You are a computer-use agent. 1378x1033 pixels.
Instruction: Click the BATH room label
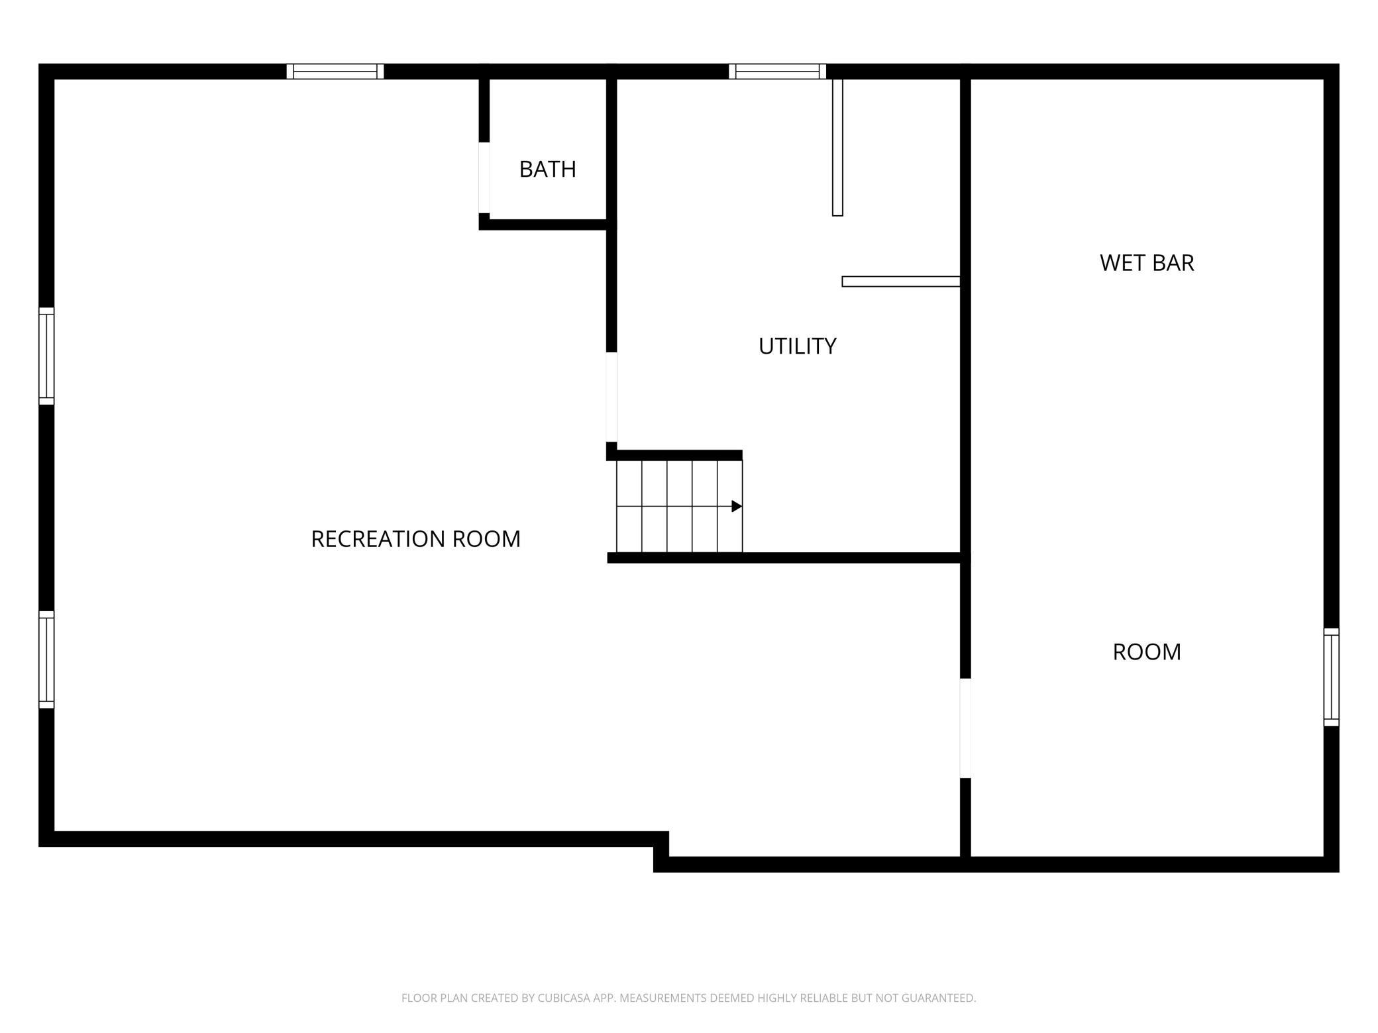547,170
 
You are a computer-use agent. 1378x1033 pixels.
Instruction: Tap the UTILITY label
797,346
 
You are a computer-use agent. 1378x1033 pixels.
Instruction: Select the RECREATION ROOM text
415,539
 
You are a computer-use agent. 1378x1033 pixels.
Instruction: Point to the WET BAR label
1147,263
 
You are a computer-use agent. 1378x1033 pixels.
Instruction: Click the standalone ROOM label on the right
1147,652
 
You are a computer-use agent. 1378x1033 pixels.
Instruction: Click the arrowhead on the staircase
737,507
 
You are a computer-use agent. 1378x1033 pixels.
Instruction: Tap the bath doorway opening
484,177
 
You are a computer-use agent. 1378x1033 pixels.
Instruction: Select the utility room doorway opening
611,397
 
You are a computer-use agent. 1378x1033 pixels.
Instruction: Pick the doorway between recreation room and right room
965,728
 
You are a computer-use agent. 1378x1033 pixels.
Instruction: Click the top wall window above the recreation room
335,72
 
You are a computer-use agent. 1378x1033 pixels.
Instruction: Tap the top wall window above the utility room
777,72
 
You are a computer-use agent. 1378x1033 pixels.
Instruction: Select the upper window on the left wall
46,356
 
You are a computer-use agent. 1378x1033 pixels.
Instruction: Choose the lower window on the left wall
46,660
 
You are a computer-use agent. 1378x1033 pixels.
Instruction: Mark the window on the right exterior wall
1332,677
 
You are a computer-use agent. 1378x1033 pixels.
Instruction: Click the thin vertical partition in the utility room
837,147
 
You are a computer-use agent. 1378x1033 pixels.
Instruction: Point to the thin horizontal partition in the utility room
901,281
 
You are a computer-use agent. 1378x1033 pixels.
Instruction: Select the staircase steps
679,506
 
